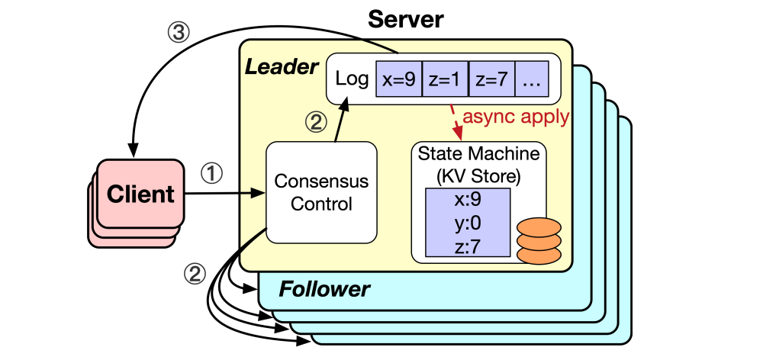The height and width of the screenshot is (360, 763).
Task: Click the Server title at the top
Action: (x=405, y=19)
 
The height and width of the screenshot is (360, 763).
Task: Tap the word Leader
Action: (x=281, y=68)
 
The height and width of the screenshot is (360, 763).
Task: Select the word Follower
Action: (x=324, y=289)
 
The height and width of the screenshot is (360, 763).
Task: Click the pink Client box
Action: (x=140, y=194)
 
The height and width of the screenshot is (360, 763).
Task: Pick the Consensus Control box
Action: (x=321, y=192)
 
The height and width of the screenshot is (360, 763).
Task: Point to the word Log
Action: (x=352, y=78)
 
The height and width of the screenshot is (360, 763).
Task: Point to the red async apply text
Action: (x=517, y=117)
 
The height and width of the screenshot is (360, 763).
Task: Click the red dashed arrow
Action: (x=456, y=118)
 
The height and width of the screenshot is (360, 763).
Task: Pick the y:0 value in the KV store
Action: (x=466, y=223)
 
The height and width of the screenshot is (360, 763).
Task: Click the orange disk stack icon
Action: (x=539, y=242)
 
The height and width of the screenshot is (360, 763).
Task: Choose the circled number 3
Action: (x=176, y=34)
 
